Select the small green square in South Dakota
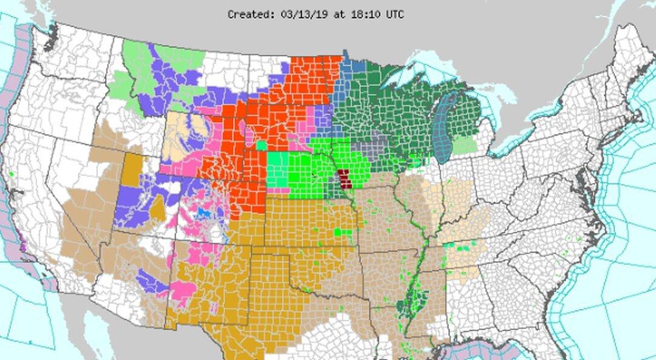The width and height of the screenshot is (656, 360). coord(262,145)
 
